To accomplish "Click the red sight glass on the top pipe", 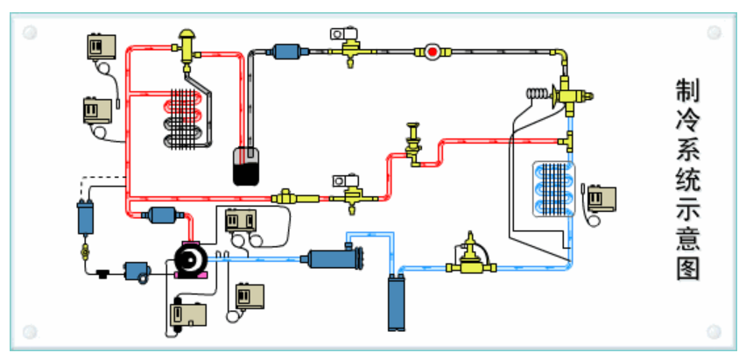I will pos(433,52).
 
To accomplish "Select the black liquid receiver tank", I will pos(248,166).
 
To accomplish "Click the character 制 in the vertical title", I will pos(687,90).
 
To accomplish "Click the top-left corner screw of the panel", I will pos(30,32).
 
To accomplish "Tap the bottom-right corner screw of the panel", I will pos(714,332).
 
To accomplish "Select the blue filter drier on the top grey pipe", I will pos(287,52).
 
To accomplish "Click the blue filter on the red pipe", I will pos(159,215).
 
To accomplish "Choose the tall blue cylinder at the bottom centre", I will pos(398,302).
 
